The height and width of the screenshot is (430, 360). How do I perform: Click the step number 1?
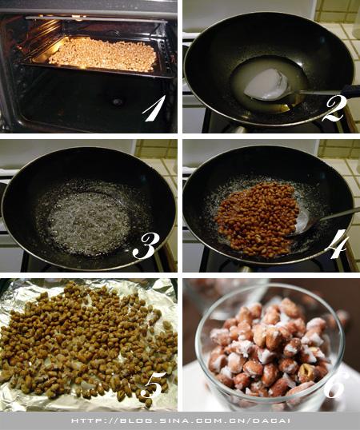coord(154,109)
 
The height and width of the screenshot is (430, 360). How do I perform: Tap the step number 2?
coord(334,109)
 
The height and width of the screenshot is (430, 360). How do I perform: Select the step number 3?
coord(146,246)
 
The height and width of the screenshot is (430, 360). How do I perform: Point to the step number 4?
coord(340,245)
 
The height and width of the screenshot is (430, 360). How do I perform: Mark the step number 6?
coord(334,384)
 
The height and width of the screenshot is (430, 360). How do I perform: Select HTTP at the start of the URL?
coord(83,420)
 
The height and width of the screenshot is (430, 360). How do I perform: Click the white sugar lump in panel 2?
coord(266,84)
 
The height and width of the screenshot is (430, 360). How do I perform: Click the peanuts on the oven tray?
coord(103,55)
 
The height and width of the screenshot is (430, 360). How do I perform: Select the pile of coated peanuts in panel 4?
coord(258,219)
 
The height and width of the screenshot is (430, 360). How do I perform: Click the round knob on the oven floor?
coord(118,102)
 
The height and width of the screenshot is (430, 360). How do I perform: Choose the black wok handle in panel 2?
coord(351,91)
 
